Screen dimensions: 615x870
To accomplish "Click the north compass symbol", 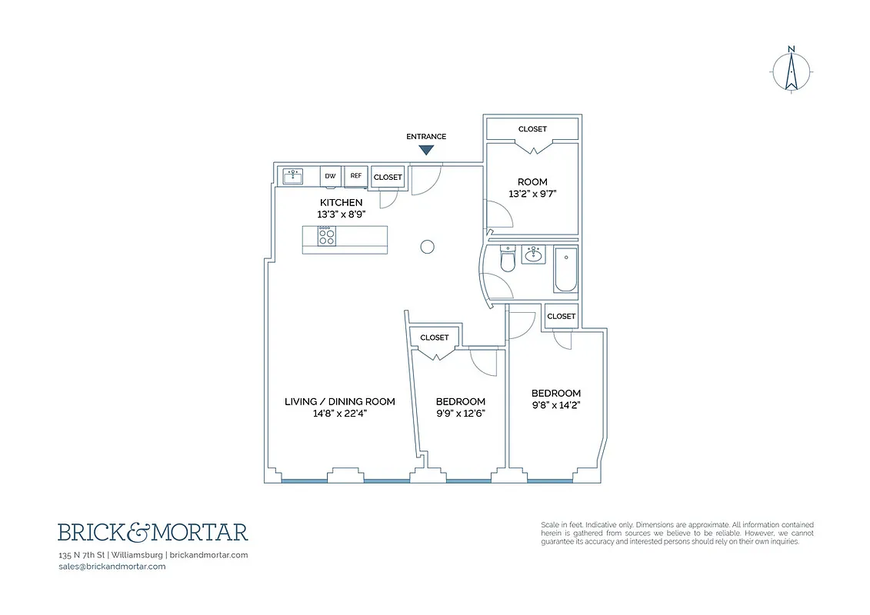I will coord(791,71).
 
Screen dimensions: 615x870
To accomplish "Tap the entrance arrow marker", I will coord(425,151).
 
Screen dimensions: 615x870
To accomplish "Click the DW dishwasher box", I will coord(330,176).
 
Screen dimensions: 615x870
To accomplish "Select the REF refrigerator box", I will coord(355,176).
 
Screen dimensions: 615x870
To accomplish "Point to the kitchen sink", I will coord(293,176).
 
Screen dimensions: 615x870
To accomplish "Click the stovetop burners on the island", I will coord(326,236).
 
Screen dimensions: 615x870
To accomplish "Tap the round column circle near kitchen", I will coord(428,246).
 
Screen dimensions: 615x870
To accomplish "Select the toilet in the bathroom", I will coord(506,261).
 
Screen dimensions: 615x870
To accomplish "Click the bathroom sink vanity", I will coord(533,254).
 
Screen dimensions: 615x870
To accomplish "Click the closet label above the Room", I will coord(532,129).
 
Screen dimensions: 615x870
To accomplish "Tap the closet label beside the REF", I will coord(388,177).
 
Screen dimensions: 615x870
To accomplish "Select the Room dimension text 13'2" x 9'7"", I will coord(532,194).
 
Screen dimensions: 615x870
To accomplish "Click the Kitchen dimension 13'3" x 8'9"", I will coord(341,214).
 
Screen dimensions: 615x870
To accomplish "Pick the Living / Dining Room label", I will coord(339,401).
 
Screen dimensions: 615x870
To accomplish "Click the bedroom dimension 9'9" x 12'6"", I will coord(460,413).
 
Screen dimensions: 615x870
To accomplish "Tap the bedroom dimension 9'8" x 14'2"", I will coord(555,405).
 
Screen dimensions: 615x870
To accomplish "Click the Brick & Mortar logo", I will coord(153,532).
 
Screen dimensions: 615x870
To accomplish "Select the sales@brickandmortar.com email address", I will coord(112,567).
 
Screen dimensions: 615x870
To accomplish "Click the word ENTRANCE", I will coord(425,137).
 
